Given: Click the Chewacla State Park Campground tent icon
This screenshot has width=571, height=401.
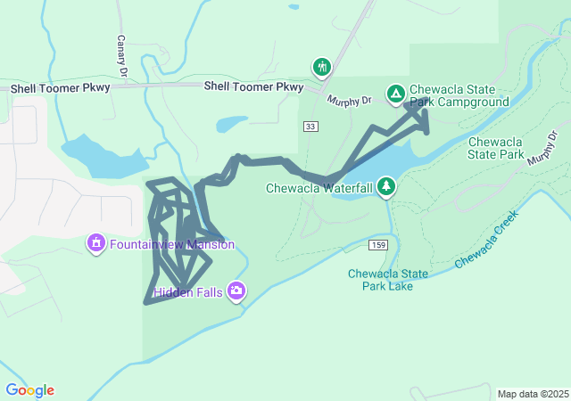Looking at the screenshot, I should [x=395, y=93].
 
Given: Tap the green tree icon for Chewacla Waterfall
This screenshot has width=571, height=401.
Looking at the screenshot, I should [x=386, y=186].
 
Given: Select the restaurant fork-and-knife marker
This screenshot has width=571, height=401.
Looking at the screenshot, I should [x=321, y=67].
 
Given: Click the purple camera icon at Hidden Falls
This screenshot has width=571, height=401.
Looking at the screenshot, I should [x=236, y=291].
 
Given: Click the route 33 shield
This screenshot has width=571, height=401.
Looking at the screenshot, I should [x=310, y=127].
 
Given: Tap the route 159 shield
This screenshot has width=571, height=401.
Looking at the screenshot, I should [x=378, y=245].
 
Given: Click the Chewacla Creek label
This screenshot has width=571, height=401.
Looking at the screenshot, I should [x=486, y=244].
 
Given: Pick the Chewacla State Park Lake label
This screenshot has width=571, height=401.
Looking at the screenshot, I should [x=388, y=280].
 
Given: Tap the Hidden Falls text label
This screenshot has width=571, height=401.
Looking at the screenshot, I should [x=188, y=291].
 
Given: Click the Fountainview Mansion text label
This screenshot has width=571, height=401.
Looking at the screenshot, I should [x=172, y=244].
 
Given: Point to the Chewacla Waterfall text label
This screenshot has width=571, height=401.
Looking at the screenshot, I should [x=319, y=188].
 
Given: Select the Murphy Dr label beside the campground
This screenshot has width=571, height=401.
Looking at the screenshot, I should [x=348, y=101].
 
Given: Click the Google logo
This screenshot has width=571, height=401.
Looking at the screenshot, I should [x=29, y=390].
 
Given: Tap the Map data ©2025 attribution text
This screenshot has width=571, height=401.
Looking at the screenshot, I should [x=532, y=394].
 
